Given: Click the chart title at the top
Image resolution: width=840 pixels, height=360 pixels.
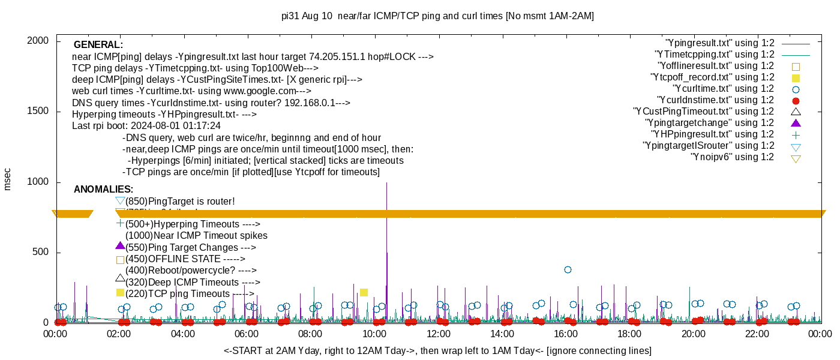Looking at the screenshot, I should [437, 16].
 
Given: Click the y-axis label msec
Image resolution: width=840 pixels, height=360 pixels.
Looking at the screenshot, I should [8, 179].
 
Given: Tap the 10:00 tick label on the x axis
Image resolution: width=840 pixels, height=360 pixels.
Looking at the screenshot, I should [374, 334].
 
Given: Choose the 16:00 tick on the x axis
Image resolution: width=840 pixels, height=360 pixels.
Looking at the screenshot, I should [565, 334].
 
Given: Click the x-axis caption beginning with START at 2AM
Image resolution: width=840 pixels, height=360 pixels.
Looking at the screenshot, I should [437, 350].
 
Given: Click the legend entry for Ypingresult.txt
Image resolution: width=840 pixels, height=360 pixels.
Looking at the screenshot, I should [719, 43].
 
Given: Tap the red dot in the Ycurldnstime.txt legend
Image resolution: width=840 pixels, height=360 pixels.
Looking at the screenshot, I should [796, 100].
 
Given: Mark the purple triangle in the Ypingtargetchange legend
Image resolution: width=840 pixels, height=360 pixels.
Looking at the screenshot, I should [796, 123].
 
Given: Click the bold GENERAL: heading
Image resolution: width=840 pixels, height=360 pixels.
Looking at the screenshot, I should [98, 45].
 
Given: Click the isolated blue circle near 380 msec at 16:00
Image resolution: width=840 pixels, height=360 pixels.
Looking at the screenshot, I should [568, 270].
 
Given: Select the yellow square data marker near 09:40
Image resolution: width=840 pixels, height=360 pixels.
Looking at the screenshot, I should [364, 292].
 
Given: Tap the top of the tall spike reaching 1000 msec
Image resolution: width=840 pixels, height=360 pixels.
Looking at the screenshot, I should [386, 183].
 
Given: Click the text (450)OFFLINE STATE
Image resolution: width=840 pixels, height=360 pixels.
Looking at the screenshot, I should [185, 259].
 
